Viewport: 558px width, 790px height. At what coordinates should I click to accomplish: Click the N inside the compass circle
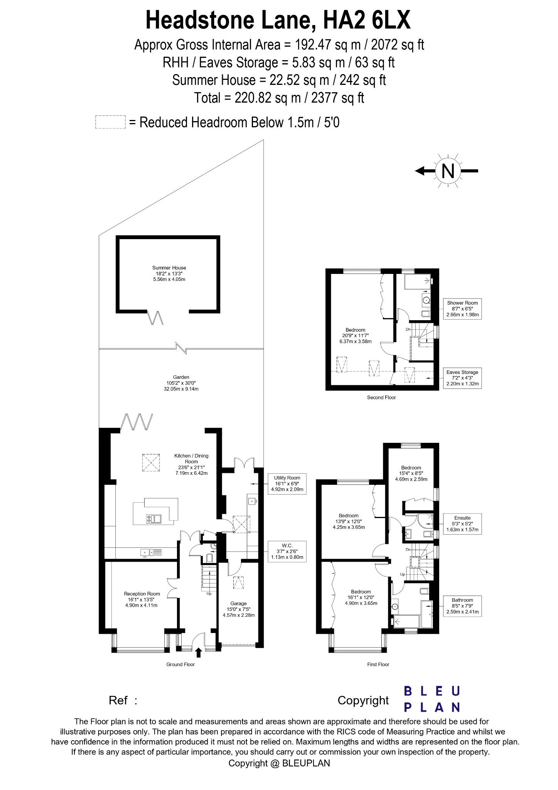(x=448, y=171)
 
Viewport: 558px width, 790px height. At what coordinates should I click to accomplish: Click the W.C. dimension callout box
(x=287, y=552)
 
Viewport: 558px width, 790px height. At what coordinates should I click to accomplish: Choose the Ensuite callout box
(x=462, y=524)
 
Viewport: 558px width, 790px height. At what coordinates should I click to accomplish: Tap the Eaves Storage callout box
(x=462, y=378)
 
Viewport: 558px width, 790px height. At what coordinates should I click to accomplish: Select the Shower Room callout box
(x=462, y=309)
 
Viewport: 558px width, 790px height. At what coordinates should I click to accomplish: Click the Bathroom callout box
(x=462, y=606)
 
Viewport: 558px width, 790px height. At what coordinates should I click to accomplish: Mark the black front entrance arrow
(x=199, y=652)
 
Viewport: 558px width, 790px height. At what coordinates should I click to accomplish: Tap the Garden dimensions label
(x=181, y=383)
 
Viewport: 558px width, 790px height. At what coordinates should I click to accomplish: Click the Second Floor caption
(x=381, y=397)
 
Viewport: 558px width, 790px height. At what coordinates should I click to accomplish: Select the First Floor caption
(x=378, y=664)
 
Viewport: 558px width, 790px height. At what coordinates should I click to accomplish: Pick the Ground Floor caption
(x=180, y=664)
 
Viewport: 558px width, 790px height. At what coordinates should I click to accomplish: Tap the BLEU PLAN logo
(x=432, y=699)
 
